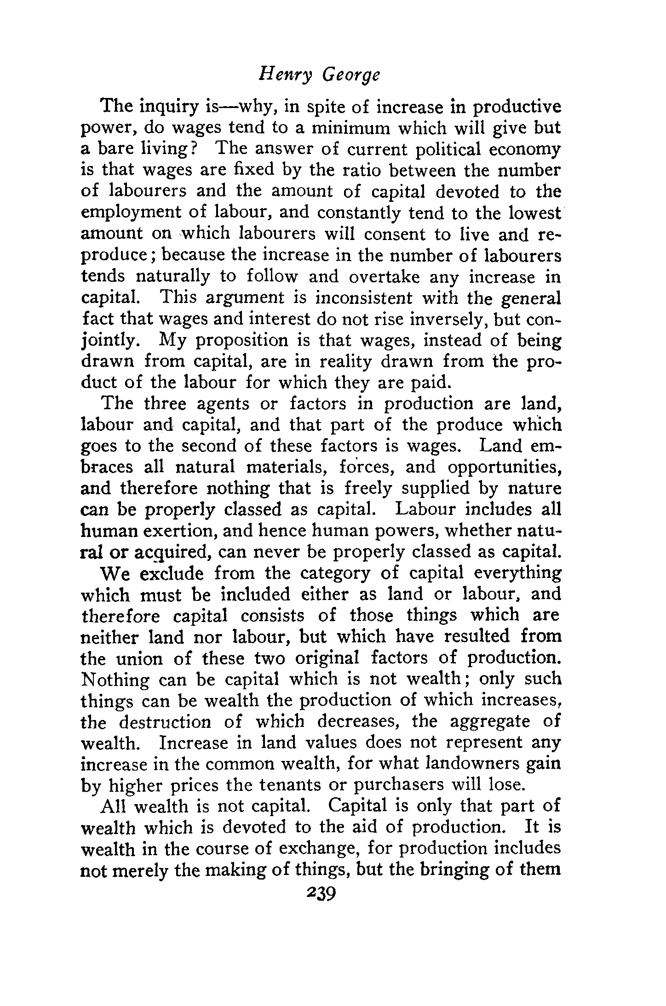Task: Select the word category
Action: (329, 573)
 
